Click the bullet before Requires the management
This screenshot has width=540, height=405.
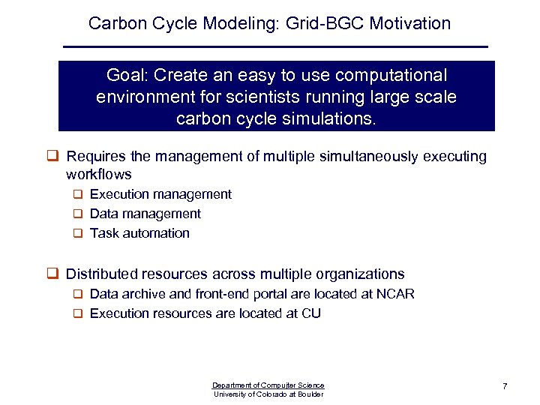pyautogui.click(x=53, y=157)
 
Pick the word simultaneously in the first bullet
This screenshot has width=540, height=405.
pyautogui.click(x=353, y=157)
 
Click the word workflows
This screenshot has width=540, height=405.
pyautogui.click(x=99, y=175)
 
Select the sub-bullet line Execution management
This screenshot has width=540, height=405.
pyautogui.click(x=160, y=194)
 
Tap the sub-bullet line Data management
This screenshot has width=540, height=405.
pyautogui.click(x=145, y=214)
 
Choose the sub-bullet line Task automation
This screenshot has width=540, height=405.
pyautogui.click(x=139, y=233)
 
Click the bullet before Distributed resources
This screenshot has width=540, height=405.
pyautogui.click(x=53, y=274)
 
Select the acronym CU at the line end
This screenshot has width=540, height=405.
pyautogui.click(x=311, y=313)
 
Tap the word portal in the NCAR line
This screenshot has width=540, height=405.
pyautogui.click(x=273, y=294)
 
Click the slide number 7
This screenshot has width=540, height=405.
pyautogui.click(x=505, y=386)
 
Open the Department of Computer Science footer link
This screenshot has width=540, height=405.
pyautogui.click(x=268, y=385)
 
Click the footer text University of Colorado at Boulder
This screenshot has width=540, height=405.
pyautogui.click(x=268, y=394)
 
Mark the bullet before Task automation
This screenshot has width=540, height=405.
pyautogui.click(x=77, y=233)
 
